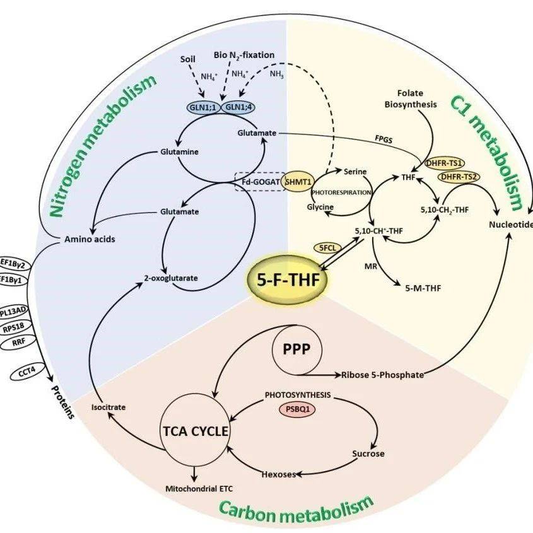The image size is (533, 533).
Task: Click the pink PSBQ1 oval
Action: (x=296, y=408)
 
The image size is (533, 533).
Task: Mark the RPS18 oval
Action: (x=13, y=327)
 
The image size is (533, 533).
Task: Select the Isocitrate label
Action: (x=108, y=407)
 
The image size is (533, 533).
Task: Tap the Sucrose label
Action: (x=368, y=454)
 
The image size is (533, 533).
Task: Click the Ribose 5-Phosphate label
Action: (x=383, y=375)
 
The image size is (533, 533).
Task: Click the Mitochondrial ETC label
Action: (x=197, y=488)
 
